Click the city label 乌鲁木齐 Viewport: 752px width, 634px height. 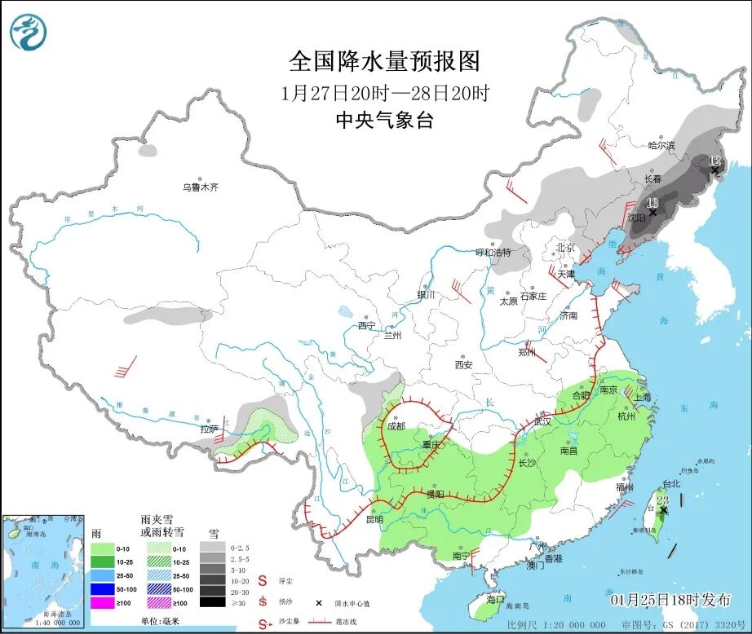tap(200, 187)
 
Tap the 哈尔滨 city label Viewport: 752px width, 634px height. tap(661, 146)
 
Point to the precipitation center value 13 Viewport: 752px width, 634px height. tap(652, 202)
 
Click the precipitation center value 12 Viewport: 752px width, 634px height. tap(714, 161)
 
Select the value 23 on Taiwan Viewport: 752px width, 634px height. tap(663, 500)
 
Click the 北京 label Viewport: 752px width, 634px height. tap(565, 247)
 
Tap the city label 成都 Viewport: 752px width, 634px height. tap(396, 425)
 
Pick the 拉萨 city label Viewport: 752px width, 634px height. tap(210, 429)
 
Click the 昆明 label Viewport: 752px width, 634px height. tap(374, 519)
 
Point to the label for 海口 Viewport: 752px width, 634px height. tap(495, 599)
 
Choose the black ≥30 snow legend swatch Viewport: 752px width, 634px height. tap(214, 602)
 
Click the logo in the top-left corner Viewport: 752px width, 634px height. tap(29, 32)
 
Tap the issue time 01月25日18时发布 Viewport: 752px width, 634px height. tap(670, 599)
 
